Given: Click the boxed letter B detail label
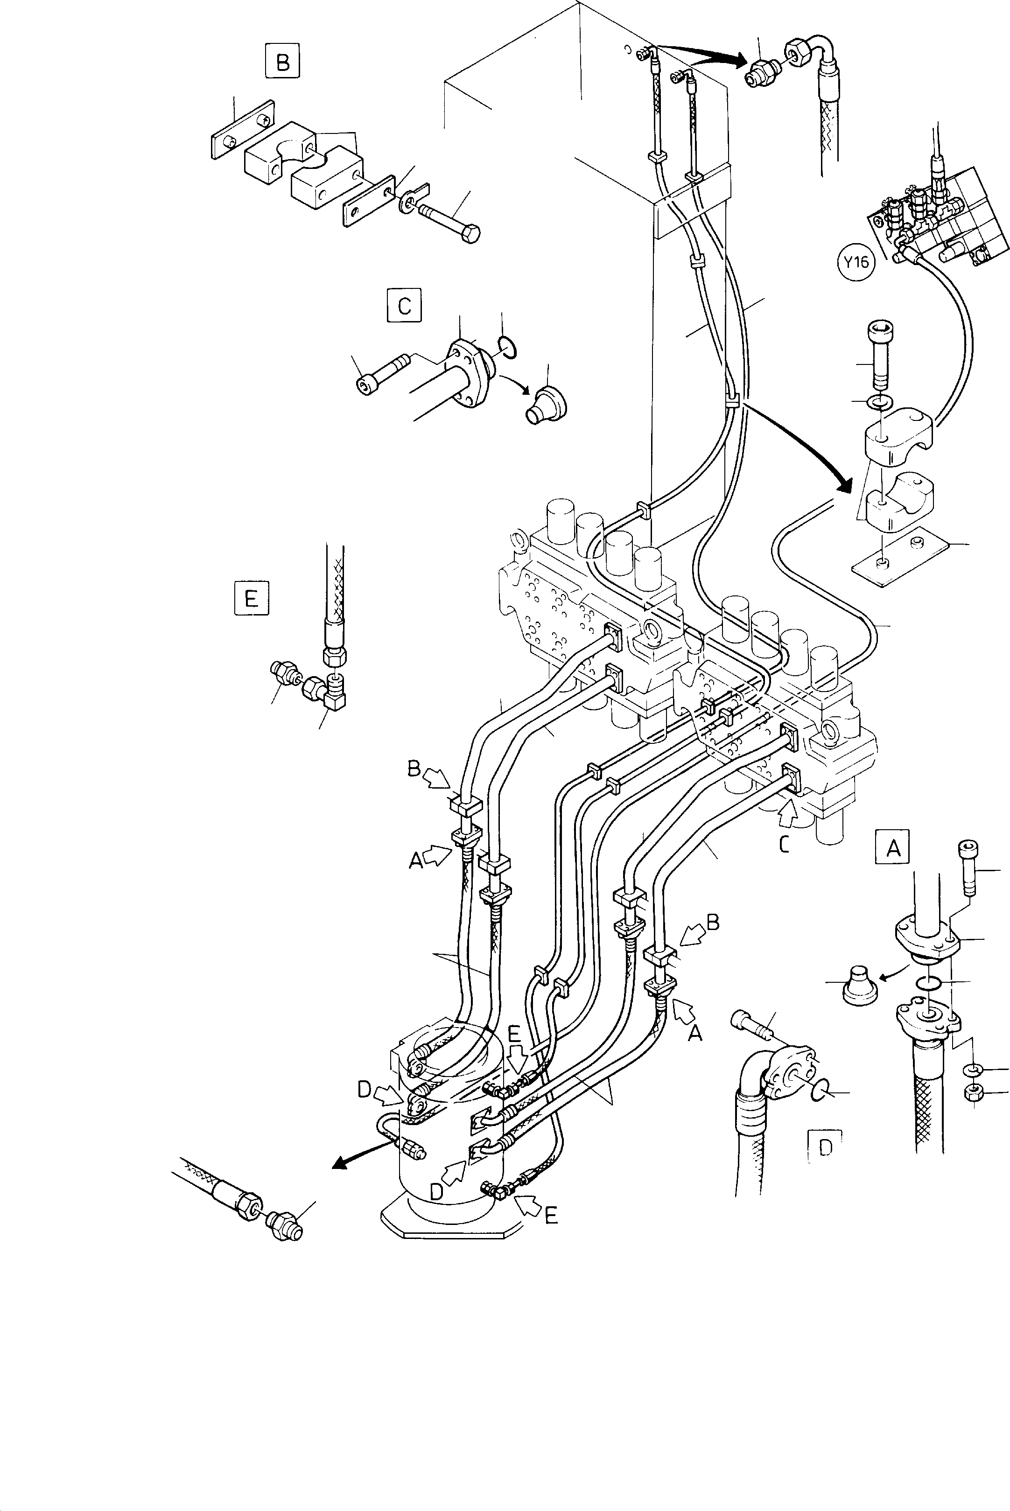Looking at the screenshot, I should click(x=282, y=62).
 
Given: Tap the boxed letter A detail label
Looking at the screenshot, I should click(x=893, y=848).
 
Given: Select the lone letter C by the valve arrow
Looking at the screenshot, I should click(x=784, y=844).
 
